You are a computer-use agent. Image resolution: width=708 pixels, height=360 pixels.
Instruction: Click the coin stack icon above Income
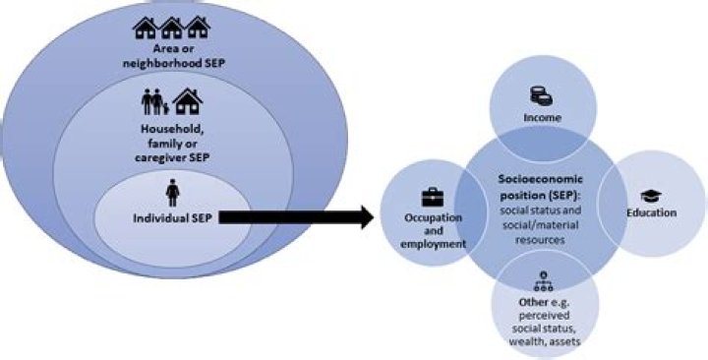click(541, 96)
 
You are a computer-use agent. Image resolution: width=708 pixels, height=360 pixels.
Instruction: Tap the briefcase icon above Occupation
click(433, 197)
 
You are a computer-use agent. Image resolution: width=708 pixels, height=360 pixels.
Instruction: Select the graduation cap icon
click(651, 197)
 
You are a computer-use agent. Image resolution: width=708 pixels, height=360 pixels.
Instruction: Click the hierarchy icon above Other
click(543, 281)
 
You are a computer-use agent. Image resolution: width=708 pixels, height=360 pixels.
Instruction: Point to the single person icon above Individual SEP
click(172, 193)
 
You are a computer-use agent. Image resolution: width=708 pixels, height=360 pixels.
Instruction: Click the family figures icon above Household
click(155, 102)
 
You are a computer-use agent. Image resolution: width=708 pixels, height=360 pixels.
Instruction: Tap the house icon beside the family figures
click(188, 101)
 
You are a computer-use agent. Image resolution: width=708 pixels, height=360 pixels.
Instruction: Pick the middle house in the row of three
click(171, 28)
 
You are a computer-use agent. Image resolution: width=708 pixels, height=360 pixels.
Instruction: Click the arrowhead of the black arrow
click(368, 217)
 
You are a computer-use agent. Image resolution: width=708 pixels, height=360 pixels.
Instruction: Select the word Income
click(542, 118)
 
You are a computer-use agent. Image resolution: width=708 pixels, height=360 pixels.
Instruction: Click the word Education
click(651, 212)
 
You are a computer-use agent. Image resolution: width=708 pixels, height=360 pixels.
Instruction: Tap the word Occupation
click(433, 217)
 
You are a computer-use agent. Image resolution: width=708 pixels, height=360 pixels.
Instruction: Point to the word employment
click(433, 244)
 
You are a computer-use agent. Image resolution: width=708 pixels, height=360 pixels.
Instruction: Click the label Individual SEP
click(173, 218)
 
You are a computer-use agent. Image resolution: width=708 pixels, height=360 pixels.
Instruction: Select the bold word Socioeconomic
click(541, 179)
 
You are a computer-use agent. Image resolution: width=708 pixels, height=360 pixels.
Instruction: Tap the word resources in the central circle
click(540, 239)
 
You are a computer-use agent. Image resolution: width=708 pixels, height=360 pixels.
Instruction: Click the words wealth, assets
click(544, 340)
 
